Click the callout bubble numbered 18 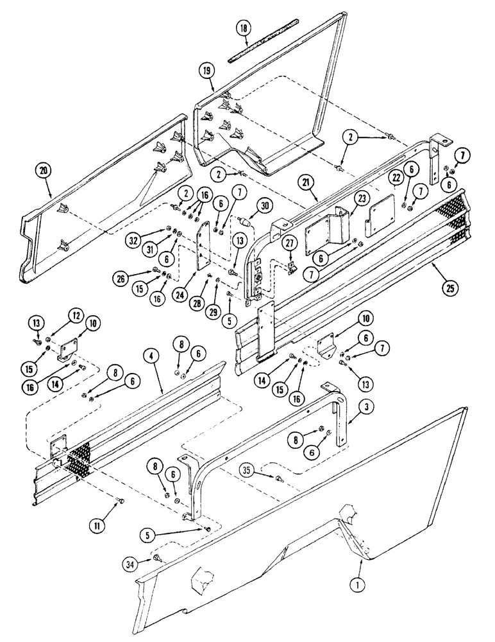click(244, 29)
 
